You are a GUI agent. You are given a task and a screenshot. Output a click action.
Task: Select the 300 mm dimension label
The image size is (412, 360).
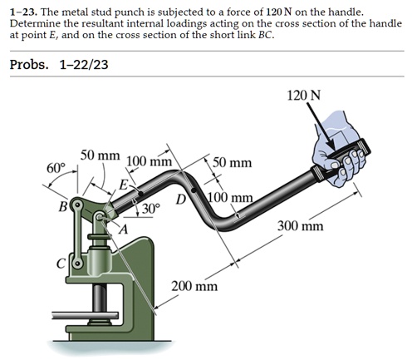click(302, 225)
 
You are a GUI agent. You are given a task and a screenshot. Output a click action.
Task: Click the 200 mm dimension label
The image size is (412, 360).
click(194, 286)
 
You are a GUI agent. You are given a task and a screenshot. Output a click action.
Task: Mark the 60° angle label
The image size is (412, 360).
click(56, 168)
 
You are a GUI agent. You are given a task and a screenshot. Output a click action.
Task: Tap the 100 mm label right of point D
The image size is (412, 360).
click(229, 198)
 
